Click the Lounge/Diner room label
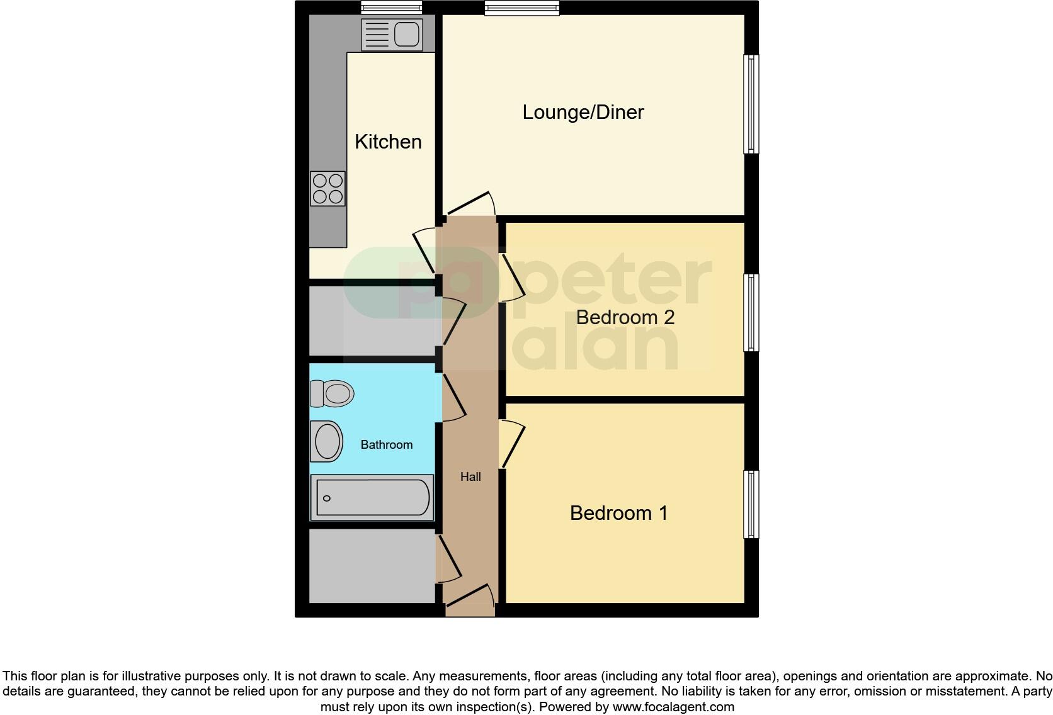(x=583, y=113)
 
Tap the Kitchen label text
(x=388, y=142)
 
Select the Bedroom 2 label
(x=625, y=317)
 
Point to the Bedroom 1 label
(x=618, y=513)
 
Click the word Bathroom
(x=386, y=445)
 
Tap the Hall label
(x=470, y=477)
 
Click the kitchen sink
(x=391, y=34)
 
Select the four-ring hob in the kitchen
(x=328, y=189)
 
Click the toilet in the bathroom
(x=332, y=394)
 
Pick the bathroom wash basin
(x=327, y=441)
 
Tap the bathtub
(x=372, y=498)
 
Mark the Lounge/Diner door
(x=469, y=205)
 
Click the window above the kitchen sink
(x=391, y=8)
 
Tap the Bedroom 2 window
(x=751, y=312)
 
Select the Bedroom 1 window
(x=751, y=504)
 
